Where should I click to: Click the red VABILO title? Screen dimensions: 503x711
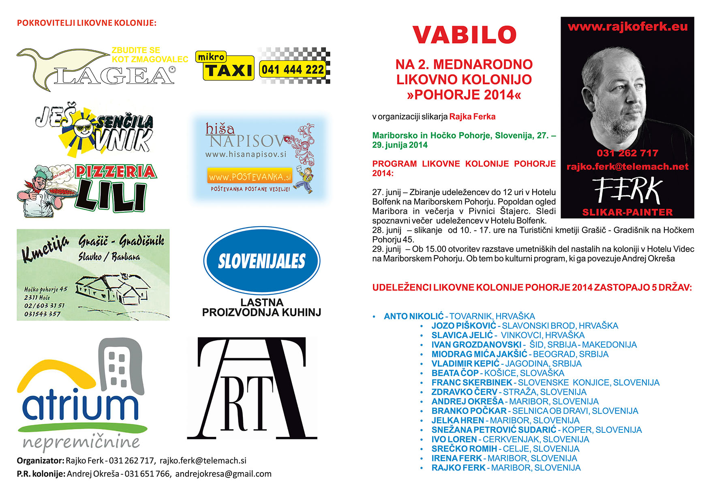click(464, 35)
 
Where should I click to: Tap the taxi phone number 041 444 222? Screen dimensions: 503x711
click(293, 70)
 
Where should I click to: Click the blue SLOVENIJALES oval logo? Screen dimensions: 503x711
click(261, 261)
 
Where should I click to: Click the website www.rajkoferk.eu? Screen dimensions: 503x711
click(627, 27)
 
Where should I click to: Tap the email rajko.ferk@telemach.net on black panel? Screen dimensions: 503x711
click(627, 166)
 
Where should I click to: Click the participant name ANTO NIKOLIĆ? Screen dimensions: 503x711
click(413, 316)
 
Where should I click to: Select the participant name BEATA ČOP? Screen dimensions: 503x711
click(455, 373)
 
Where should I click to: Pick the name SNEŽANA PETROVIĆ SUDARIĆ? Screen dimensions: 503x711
click(494, 430)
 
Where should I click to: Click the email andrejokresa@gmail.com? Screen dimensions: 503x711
click(223, 474)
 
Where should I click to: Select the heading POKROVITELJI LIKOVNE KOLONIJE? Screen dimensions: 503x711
click(86, 23)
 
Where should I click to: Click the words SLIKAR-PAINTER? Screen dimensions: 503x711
click(627, 212)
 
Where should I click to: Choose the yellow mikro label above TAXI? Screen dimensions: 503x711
click(211, 57)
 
